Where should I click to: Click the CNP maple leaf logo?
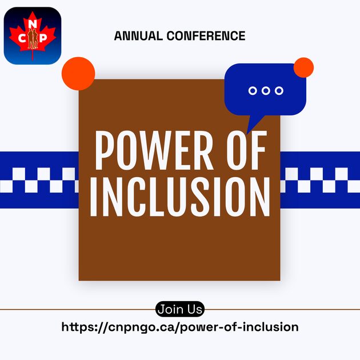click(x=33, y=35)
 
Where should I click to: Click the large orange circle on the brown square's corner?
click(x=78, y=73)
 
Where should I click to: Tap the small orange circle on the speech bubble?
click(x=303, y=68)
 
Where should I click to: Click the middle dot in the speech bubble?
click(x=266, y=90)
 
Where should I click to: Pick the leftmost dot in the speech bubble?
click(x=253, y=90)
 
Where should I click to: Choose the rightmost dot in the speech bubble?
click(x=279, y=90)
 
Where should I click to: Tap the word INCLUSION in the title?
click(x=179, y=198)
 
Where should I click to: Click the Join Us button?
click(x=179, y=310)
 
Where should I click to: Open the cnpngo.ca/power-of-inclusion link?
click(x=179, y=327)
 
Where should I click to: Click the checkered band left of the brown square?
click(x=39, y=179)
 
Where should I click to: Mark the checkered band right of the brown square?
click(x=320, y=179)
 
